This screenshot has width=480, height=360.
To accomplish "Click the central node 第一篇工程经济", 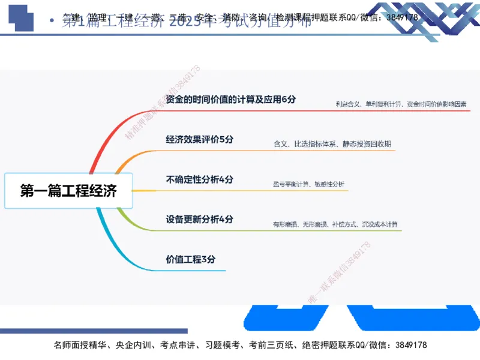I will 68,191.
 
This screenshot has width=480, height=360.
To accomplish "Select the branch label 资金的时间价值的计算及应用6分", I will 231,99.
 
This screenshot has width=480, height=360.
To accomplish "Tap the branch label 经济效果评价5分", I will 199,139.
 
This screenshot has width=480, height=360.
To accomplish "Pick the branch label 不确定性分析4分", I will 199,179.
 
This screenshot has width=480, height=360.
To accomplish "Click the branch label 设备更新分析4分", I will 199,220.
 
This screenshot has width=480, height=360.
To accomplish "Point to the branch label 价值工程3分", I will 190,259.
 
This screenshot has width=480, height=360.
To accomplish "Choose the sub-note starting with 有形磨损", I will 334,225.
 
